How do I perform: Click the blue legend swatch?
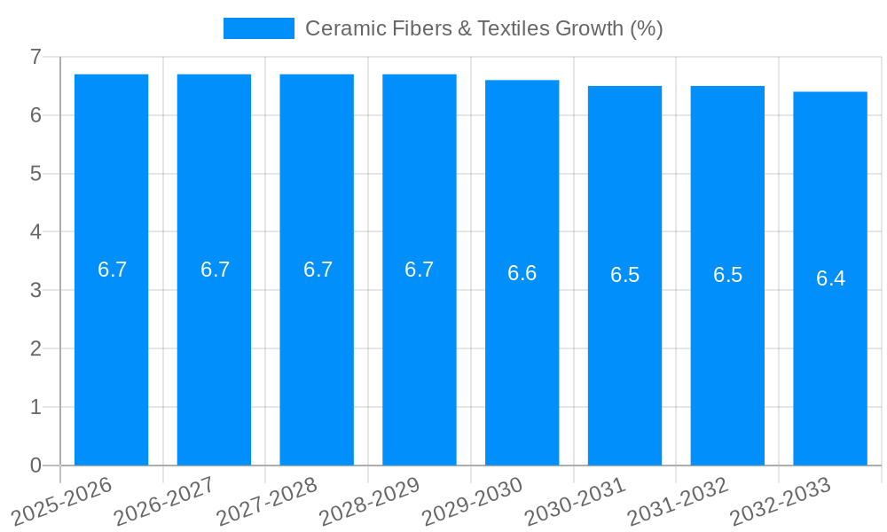pos(258,28)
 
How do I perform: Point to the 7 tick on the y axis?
pos(35,57)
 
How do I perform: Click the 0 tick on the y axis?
pos(35,465)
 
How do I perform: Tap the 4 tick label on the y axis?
pos(35,232)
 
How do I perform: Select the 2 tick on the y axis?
pos(35,348)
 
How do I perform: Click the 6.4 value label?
pos(830,278)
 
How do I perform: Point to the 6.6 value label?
pos(522,273)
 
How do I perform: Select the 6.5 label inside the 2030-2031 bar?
pos(624,275)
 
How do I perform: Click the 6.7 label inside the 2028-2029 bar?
pos(420,270)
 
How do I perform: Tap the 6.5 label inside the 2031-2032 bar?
pos(727,275)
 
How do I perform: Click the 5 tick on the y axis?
pos(35,174)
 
